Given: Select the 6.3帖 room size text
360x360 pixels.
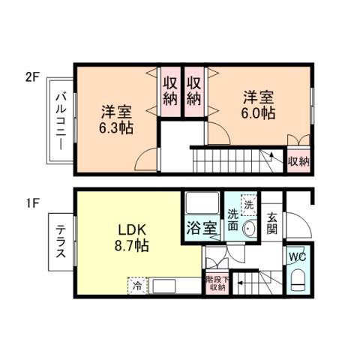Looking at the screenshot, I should point(116,127).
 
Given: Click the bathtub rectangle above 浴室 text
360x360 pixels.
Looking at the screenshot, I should point(202,205).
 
